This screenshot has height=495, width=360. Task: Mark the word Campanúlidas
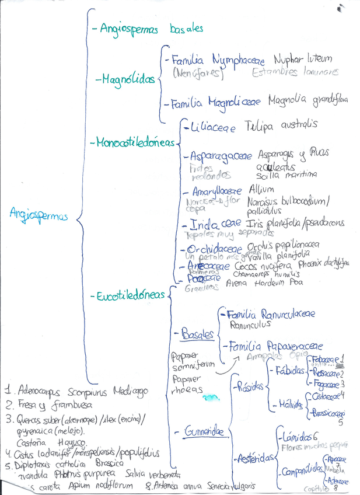(x=301, y=469)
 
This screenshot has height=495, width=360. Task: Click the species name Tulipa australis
(x=281, y=125)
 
